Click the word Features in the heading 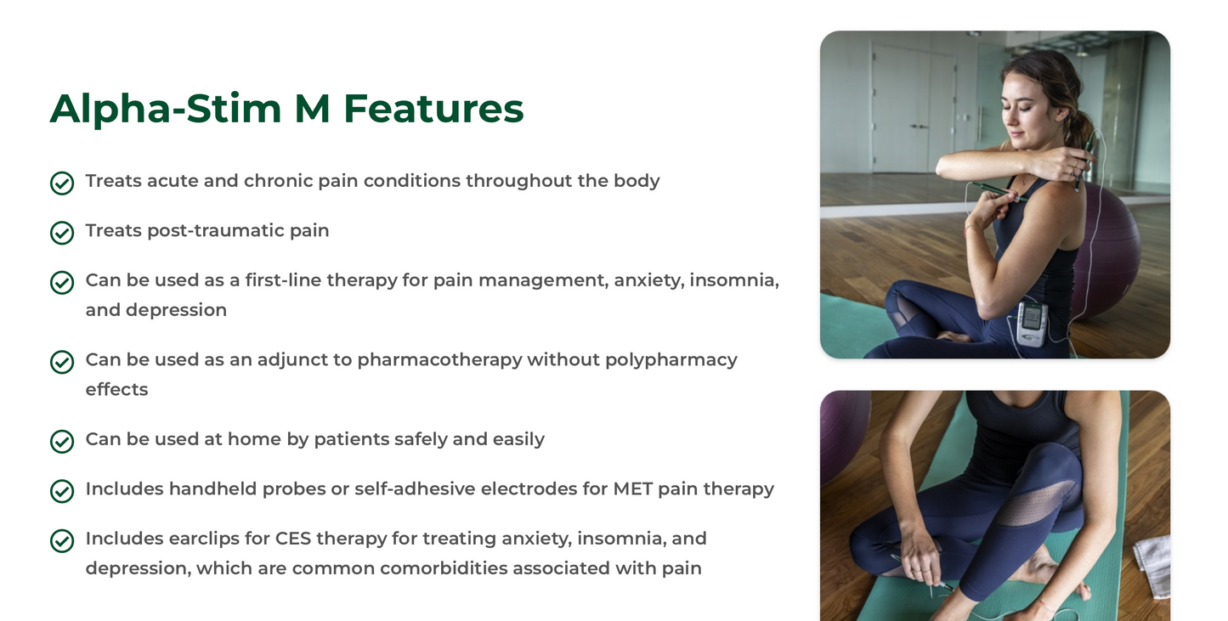point(433,109)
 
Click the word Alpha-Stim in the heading point(166,109)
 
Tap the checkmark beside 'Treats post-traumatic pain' point(62,232)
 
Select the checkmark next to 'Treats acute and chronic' point(62,183)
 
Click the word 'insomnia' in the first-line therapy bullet point(734,280)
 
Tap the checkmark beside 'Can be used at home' point(62,441)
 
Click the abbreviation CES point(294,539)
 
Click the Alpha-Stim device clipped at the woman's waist point(1031,323)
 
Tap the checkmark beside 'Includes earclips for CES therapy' point(62,540)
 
